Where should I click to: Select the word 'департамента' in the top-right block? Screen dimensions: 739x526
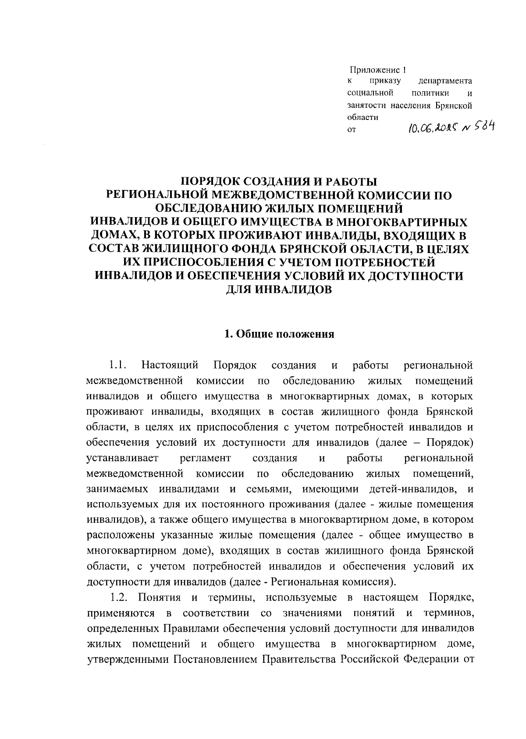click(445, 81)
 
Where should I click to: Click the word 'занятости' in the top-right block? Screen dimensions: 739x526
click(362, 106)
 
